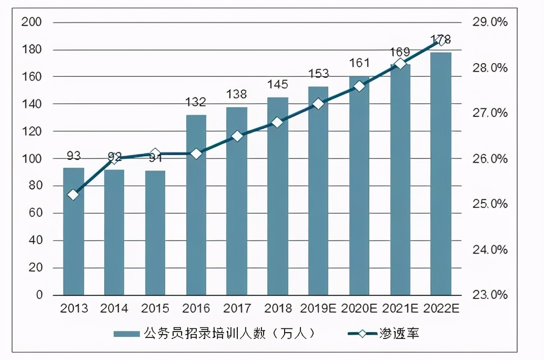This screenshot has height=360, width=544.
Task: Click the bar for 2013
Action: pos(73,232)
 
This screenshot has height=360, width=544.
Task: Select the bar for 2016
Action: pos(196,205)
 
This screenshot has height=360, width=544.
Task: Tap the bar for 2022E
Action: pos(441,174)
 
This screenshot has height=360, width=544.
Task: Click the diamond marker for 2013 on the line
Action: pos(73,195)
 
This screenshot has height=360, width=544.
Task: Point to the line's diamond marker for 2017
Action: pos(237,136)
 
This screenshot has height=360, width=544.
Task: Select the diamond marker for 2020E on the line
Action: pos(359,86)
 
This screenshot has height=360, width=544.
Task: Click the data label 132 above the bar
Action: pos(196,102)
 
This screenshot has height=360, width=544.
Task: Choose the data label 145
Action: pos(278,84)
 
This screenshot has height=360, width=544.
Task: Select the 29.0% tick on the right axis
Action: pos(490,22)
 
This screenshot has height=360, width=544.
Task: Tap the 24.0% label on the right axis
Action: pos(490,249)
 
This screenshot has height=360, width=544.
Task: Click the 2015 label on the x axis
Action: pos(155,308)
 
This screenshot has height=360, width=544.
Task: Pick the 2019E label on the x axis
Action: pos(318,308)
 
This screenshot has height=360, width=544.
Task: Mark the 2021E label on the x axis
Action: pos(400,308)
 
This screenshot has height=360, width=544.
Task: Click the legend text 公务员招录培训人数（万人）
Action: pos(229,334)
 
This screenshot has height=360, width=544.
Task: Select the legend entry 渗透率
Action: pos(399,334)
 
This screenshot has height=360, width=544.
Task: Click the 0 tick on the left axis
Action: pos(39,295)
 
